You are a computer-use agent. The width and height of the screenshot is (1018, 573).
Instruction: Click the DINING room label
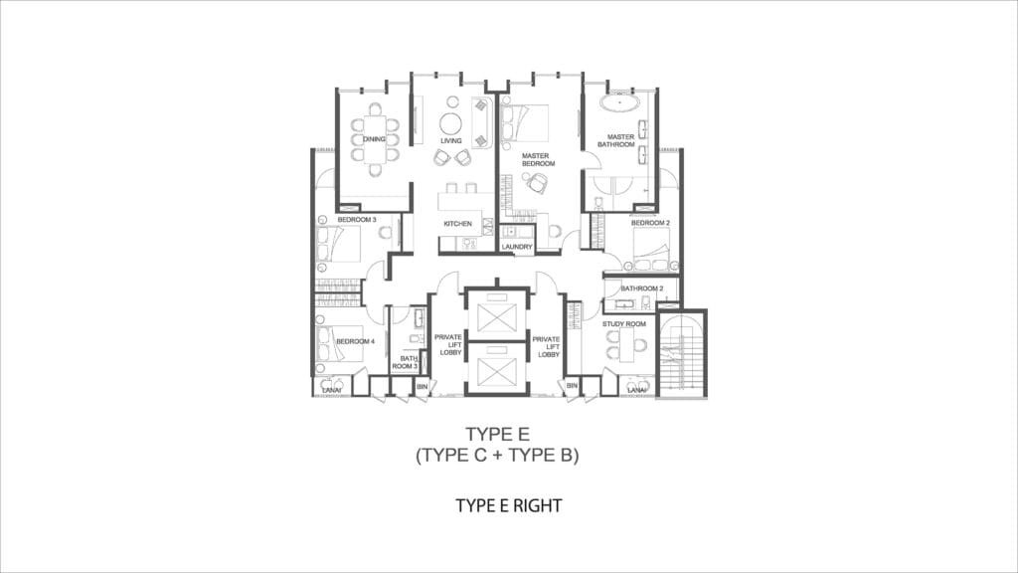(374, 139)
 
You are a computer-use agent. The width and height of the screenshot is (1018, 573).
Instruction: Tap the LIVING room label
(450, 140)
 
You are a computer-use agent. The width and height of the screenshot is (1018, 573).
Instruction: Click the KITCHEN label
(457, 224)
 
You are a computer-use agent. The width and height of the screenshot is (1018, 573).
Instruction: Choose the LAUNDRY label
(517, 247)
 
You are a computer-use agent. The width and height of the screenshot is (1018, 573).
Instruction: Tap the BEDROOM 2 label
(650, 223)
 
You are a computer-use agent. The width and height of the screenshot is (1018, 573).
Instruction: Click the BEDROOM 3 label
(357, 220)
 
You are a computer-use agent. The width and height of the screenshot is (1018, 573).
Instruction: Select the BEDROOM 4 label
(355, 341)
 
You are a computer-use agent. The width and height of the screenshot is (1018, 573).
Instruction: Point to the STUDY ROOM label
(624, 323)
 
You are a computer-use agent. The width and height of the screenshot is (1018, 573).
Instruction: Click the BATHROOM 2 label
(642, 288)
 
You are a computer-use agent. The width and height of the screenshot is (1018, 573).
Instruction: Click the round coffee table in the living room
(450, 123)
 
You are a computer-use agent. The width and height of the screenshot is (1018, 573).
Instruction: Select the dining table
(375, 139)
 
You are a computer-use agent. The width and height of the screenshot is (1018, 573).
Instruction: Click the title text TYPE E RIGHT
(509, 505)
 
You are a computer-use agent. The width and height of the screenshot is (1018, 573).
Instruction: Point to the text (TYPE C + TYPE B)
(497, 455)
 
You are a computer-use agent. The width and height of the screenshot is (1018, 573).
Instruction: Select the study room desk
(626, 344)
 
